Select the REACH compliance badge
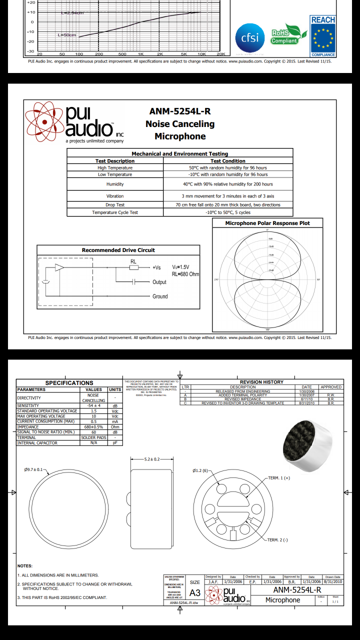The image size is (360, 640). (x=323, y=35)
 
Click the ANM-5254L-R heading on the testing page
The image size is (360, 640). (x=180, y=111)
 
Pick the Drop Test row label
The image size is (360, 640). (x=115, y=205)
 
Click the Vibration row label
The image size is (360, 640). (x=115, y=196)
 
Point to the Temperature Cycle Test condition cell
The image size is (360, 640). (x=227, y=212)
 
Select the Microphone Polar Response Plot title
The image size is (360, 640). (x=267, y=223)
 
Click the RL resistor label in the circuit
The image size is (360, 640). (x=133, y=261)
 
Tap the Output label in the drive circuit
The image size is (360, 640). (x=159, y=282)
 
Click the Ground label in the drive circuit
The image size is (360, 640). (x=160, y=296)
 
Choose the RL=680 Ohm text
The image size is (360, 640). (x=185, y=274)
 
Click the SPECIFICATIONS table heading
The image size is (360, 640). (x=69, y=383)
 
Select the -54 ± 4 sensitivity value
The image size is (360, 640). (x=93, y=405)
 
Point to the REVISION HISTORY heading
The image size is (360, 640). (x=261, y=382)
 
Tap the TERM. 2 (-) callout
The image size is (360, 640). (x=277, y=540)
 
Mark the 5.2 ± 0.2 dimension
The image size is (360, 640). (x=152, y=459)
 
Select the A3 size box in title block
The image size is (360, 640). (x=195, y=592)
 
